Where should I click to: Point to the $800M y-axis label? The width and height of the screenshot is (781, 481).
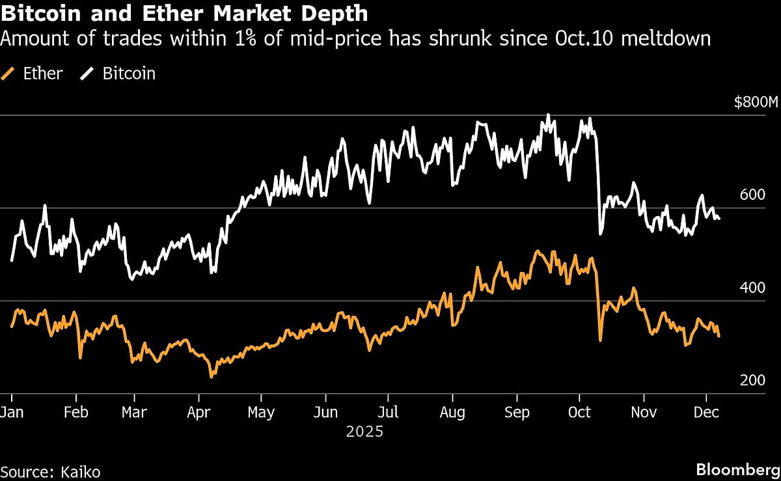pyautogui.click(x=756, y=102)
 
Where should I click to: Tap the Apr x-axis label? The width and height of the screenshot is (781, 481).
pyautogui.click(x=198, y=413)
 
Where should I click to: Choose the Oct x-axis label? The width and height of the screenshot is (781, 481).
pyautogui.click(x=579, y=413)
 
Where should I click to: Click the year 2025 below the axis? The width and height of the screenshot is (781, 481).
pyautogui.click(x=364, y=431)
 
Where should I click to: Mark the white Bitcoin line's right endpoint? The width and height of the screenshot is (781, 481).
pyautogui.click(x=719, y=219)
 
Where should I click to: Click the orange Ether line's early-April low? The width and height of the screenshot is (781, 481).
pyautogui.click(x=211, y=376)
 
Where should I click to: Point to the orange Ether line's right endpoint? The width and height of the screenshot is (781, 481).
pyautogui.click(x=719, y=336)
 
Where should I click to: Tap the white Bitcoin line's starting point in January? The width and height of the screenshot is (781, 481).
pyautogui.click(x=12, y=260)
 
